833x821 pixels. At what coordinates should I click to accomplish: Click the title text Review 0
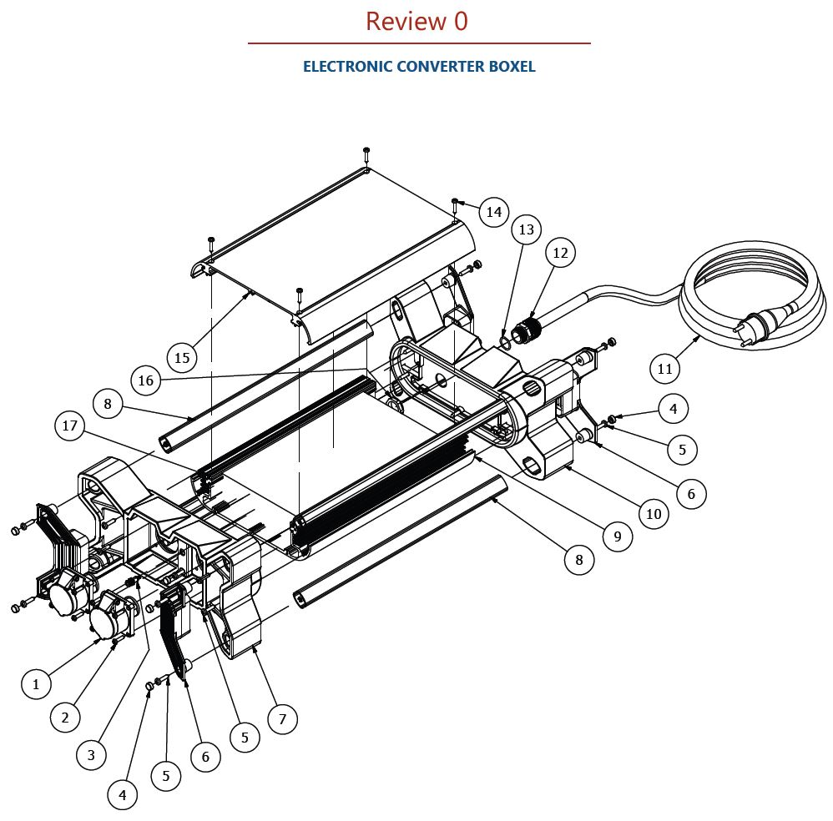click(416, 22)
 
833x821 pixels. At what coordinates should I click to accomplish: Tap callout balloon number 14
click(493, 212)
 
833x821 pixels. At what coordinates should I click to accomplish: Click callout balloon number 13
click(526, 229)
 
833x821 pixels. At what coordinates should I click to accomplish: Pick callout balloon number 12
click(560, 252)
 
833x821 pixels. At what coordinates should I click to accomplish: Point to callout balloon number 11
click(664, 368)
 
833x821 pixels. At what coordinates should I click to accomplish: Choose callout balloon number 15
click(182, 358)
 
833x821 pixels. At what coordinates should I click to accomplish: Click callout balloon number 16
click(146, 380)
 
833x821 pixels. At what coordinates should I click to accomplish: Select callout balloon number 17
click(70, 426)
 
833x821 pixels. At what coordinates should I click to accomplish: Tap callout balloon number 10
click(654, 514)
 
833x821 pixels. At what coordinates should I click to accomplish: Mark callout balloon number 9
click(617, 536)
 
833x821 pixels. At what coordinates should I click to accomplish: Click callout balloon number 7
click(282, 718)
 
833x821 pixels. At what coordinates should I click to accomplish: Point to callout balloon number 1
click(36, 684)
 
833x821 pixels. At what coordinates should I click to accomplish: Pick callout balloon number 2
click(65, 716)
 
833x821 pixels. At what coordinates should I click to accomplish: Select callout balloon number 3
click(91, 755)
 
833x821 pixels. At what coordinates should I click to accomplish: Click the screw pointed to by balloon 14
click(455, 202)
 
